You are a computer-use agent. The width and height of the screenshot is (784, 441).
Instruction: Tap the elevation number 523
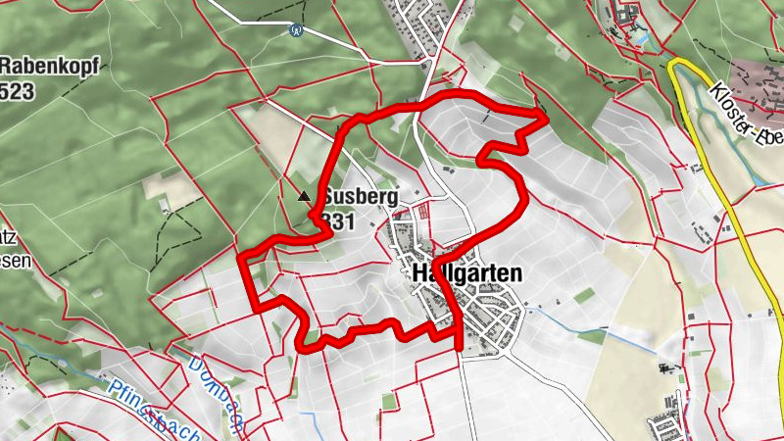click(x=20, y=91)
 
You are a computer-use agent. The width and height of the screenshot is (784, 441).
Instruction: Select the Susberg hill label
click(x=361, y=197)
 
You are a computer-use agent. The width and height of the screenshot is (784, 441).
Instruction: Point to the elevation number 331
click(x=337, y=221)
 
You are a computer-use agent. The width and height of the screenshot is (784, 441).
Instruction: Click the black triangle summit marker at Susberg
click(x=304, y=196)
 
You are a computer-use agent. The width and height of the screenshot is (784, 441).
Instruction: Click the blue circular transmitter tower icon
click(x=295, y=29)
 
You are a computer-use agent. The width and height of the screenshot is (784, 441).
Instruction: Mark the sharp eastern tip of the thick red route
click(x=545, y=116)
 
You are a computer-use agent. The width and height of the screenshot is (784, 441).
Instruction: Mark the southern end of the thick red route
click(x=458, y=344)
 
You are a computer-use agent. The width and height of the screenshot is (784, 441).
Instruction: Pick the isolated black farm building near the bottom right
click(x=670, y=367)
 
